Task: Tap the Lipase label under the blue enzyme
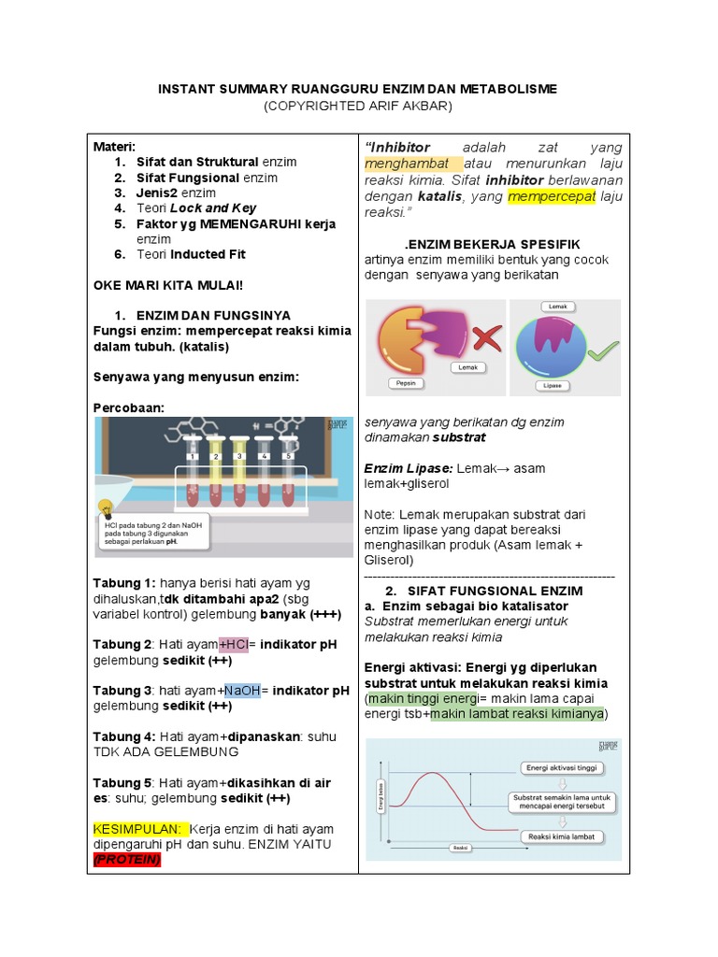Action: (x=553, y=384)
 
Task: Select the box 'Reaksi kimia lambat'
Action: (x=562, y=836)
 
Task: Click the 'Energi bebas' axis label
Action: (x=381, y=800)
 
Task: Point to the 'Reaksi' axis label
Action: (x=459, y=848)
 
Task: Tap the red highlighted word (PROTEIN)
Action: (x=127, y=860)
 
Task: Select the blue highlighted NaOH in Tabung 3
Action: (x=242, y=690)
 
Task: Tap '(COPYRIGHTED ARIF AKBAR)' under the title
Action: (x=358, y=107)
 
